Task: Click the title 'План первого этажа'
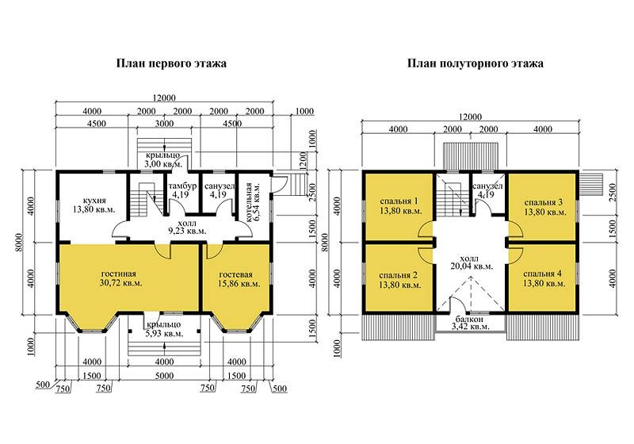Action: (x=171, y=63)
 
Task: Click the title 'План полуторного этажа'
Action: (x=475, y=63)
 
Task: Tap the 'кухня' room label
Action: (x=94, y=200)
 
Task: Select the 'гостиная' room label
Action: (x=118, y=274)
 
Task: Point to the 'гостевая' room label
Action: (x=239, y=274)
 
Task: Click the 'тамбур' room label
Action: (x=183, y=186)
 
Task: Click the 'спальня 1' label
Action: (x=399, y=201)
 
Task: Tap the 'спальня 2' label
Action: (x=399, y=275)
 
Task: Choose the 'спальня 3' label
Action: (x=544, y=202)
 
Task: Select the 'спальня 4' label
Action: (x=542, y=274)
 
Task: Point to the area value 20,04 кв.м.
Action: (x=472, y=266)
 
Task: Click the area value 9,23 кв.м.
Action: (x=187, y=232)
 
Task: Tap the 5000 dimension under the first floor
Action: (x=164, y=376)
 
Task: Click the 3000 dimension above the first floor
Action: (x=165, y=124)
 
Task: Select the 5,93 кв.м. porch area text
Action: (x=164, y=334)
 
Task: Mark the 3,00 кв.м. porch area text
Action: (x=163, y=164)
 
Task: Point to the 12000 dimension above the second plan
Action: (x=470, y=117)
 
